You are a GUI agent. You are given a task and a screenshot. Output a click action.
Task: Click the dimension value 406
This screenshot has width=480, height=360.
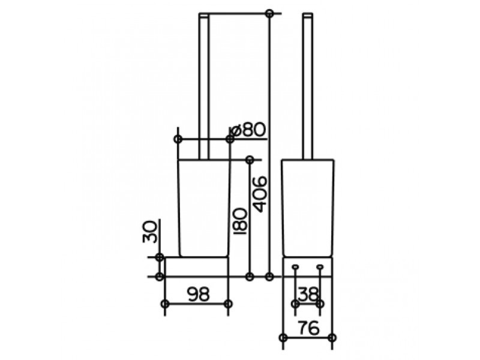[x=260, y=194]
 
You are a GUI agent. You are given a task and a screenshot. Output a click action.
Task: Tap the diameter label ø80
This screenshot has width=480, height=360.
[x=247, y=130]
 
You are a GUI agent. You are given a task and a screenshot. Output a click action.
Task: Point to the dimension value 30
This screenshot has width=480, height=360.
[x=151, y=232]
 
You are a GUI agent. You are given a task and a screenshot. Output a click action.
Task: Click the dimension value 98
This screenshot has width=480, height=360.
[x=199, y=294]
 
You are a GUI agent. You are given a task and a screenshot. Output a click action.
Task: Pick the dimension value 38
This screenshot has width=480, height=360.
[x=308, y=294]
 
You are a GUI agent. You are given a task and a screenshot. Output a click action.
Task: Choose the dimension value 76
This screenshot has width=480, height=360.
[x=308, y=328]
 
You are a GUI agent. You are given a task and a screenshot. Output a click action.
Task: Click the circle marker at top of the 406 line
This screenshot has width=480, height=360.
[x=269, y=13]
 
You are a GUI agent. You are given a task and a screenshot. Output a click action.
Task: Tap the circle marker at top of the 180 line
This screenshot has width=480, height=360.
[x=250, y=160]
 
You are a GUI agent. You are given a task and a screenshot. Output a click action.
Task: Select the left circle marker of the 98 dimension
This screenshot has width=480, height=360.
[x=165, y=304]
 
